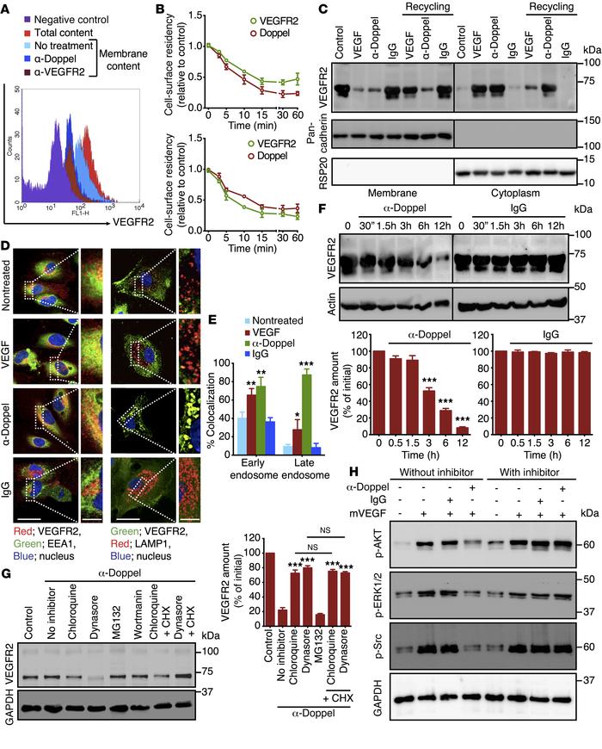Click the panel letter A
click(x=9, y=9)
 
